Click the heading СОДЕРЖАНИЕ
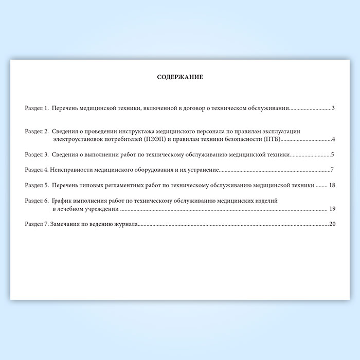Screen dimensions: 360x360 (x=180, y=77)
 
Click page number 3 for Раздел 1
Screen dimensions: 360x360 (x=333, y=109)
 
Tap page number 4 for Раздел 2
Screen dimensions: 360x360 (x=333, y=139)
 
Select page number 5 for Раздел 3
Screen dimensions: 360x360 (x=333, y=154)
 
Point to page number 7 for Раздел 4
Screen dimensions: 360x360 (x=333, y=170)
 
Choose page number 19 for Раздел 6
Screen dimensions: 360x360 (x=332, y=209)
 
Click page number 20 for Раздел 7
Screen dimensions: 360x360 (x=332, y=224)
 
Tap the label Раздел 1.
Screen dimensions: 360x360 (x=37, y=109)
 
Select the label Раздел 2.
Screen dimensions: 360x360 (x=37, y=132)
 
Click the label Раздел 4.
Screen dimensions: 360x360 (x=37, y=170)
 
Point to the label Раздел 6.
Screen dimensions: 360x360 (x=37, y=201)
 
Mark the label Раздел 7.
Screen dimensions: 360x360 (x=37, y=224)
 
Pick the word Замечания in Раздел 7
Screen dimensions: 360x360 (x=67, y=224)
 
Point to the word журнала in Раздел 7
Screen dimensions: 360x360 (x=125, y=224)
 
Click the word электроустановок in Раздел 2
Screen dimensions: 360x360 (x=78, y=139)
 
